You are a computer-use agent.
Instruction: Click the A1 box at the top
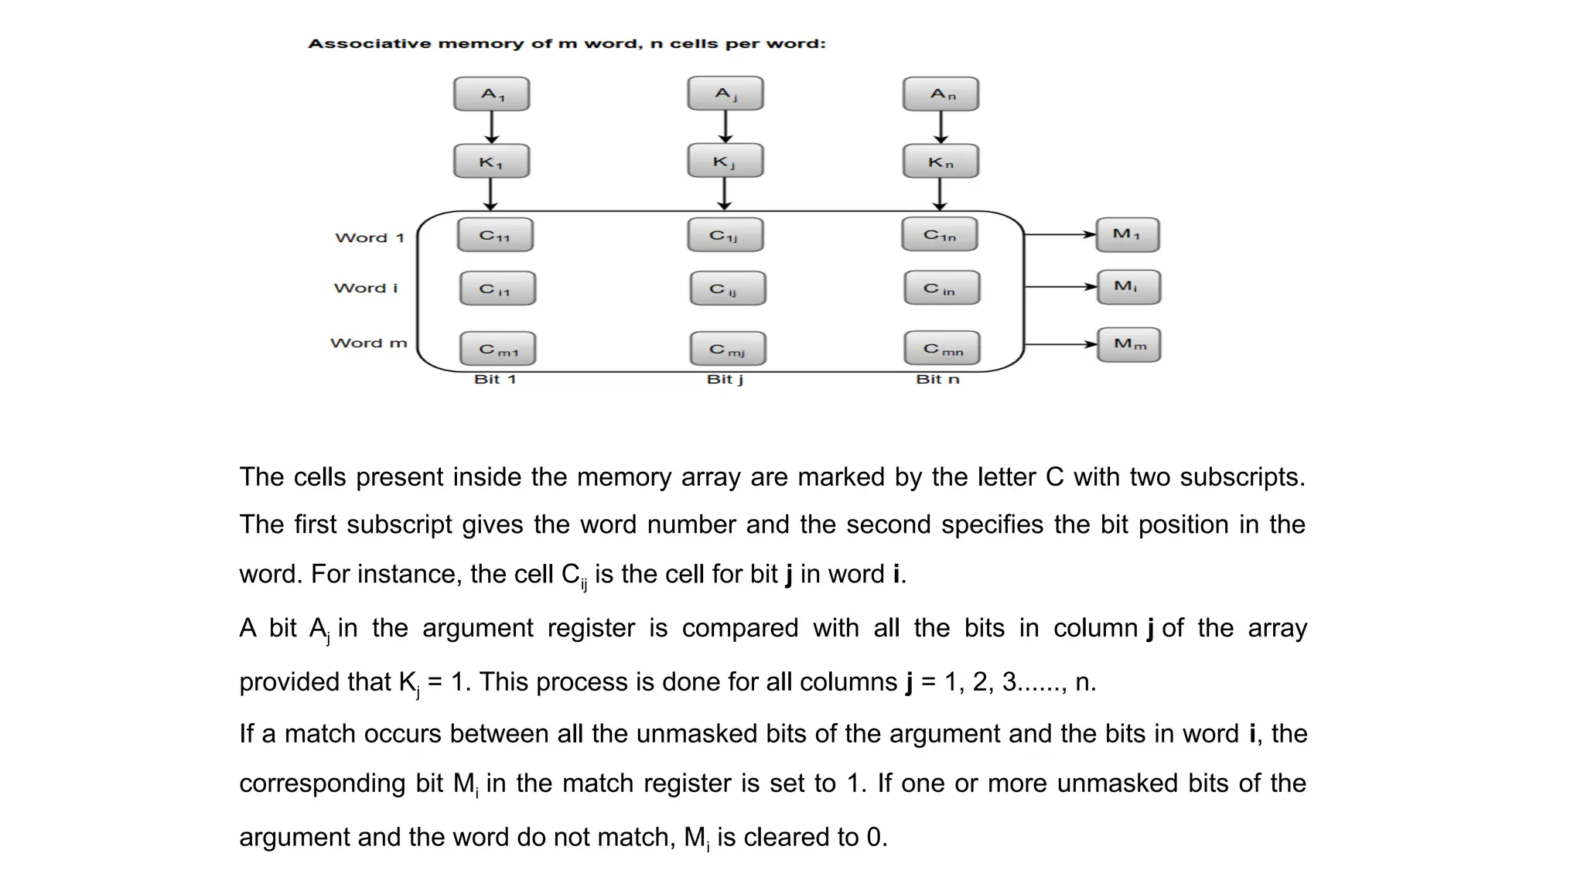[492, 94]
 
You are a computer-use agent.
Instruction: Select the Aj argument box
[725, 94]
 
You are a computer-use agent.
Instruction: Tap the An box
[940, 94]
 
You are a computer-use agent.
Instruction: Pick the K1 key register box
[492, 162]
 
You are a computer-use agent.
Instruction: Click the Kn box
[940, 162]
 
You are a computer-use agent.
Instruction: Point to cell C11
[495, 235]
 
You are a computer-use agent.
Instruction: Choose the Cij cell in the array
[728, 288]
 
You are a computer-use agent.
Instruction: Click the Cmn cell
[942, 349]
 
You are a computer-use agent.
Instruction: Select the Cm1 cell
[497, 350]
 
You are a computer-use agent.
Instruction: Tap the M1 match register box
[1128, 234]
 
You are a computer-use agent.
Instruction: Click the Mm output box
[1129, 344]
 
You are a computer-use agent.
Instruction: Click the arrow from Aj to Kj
[725, 127]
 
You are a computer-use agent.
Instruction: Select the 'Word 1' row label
[370, 237]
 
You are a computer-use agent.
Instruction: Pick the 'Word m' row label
[368, 343]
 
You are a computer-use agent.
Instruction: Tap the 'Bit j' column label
[725, 379]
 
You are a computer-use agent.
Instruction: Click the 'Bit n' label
[937, 379]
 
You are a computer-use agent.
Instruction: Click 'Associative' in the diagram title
[370, 43]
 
